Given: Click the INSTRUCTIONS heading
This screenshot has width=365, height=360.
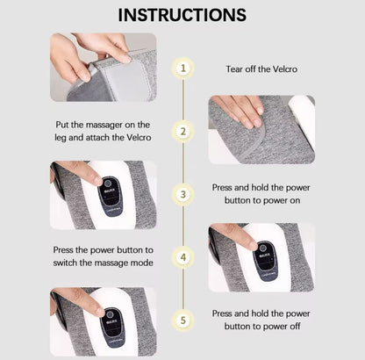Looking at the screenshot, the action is pos(182,15).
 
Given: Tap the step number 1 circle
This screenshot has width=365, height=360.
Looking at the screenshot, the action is pos(183,68).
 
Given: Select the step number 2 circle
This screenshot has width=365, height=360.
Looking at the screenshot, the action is pos(183,132).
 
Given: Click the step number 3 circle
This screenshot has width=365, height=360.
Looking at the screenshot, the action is pos(183,194).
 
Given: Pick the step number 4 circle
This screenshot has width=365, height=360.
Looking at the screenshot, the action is pos(183,257).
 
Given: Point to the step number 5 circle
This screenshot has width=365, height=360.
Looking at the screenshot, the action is pos(183,320).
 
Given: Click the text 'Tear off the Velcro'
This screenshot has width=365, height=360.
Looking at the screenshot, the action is pos(261,69).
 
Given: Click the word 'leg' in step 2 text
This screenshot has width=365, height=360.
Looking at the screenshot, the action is pos(61,138).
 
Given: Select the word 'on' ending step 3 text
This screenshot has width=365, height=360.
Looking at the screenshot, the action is pos(295,200).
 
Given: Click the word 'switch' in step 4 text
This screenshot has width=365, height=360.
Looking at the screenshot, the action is pos(65,263).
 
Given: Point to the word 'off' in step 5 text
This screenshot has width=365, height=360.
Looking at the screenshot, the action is pos(295,326).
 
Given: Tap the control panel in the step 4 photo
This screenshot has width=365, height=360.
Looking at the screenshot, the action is pos(266,259).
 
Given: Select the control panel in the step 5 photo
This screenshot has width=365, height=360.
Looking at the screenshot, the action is pos(113,328).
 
